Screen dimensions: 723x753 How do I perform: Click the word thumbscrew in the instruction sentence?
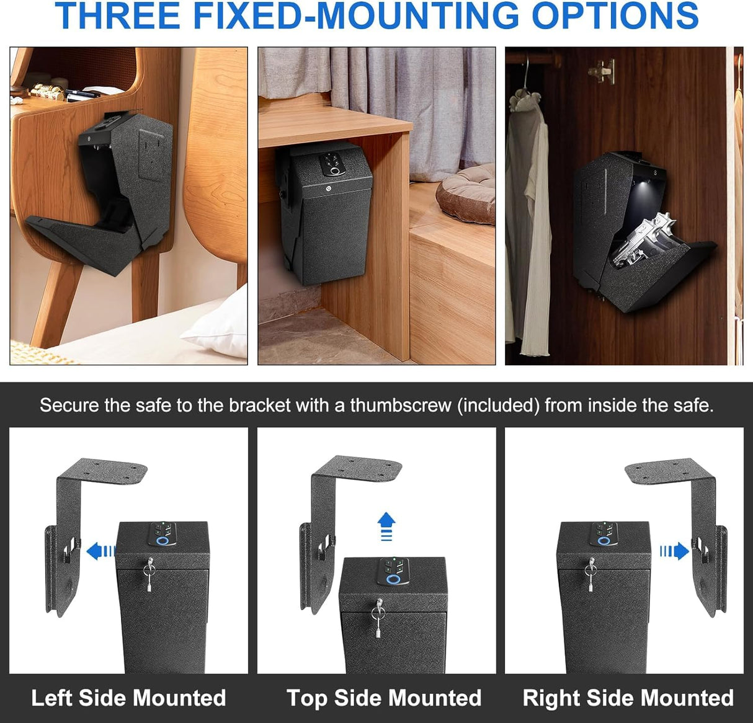click(401, 406)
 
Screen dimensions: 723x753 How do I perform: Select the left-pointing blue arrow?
click(100, 551)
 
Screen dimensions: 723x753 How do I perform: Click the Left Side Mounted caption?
click(128, 698)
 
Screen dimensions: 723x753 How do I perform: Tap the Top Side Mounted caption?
click(383, 698)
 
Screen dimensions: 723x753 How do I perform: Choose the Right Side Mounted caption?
click(628, 698)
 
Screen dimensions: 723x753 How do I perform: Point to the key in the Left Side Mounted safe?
click(149, 574)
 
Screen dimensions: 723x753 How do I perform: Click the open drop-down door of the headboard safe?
click(81, 238)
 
